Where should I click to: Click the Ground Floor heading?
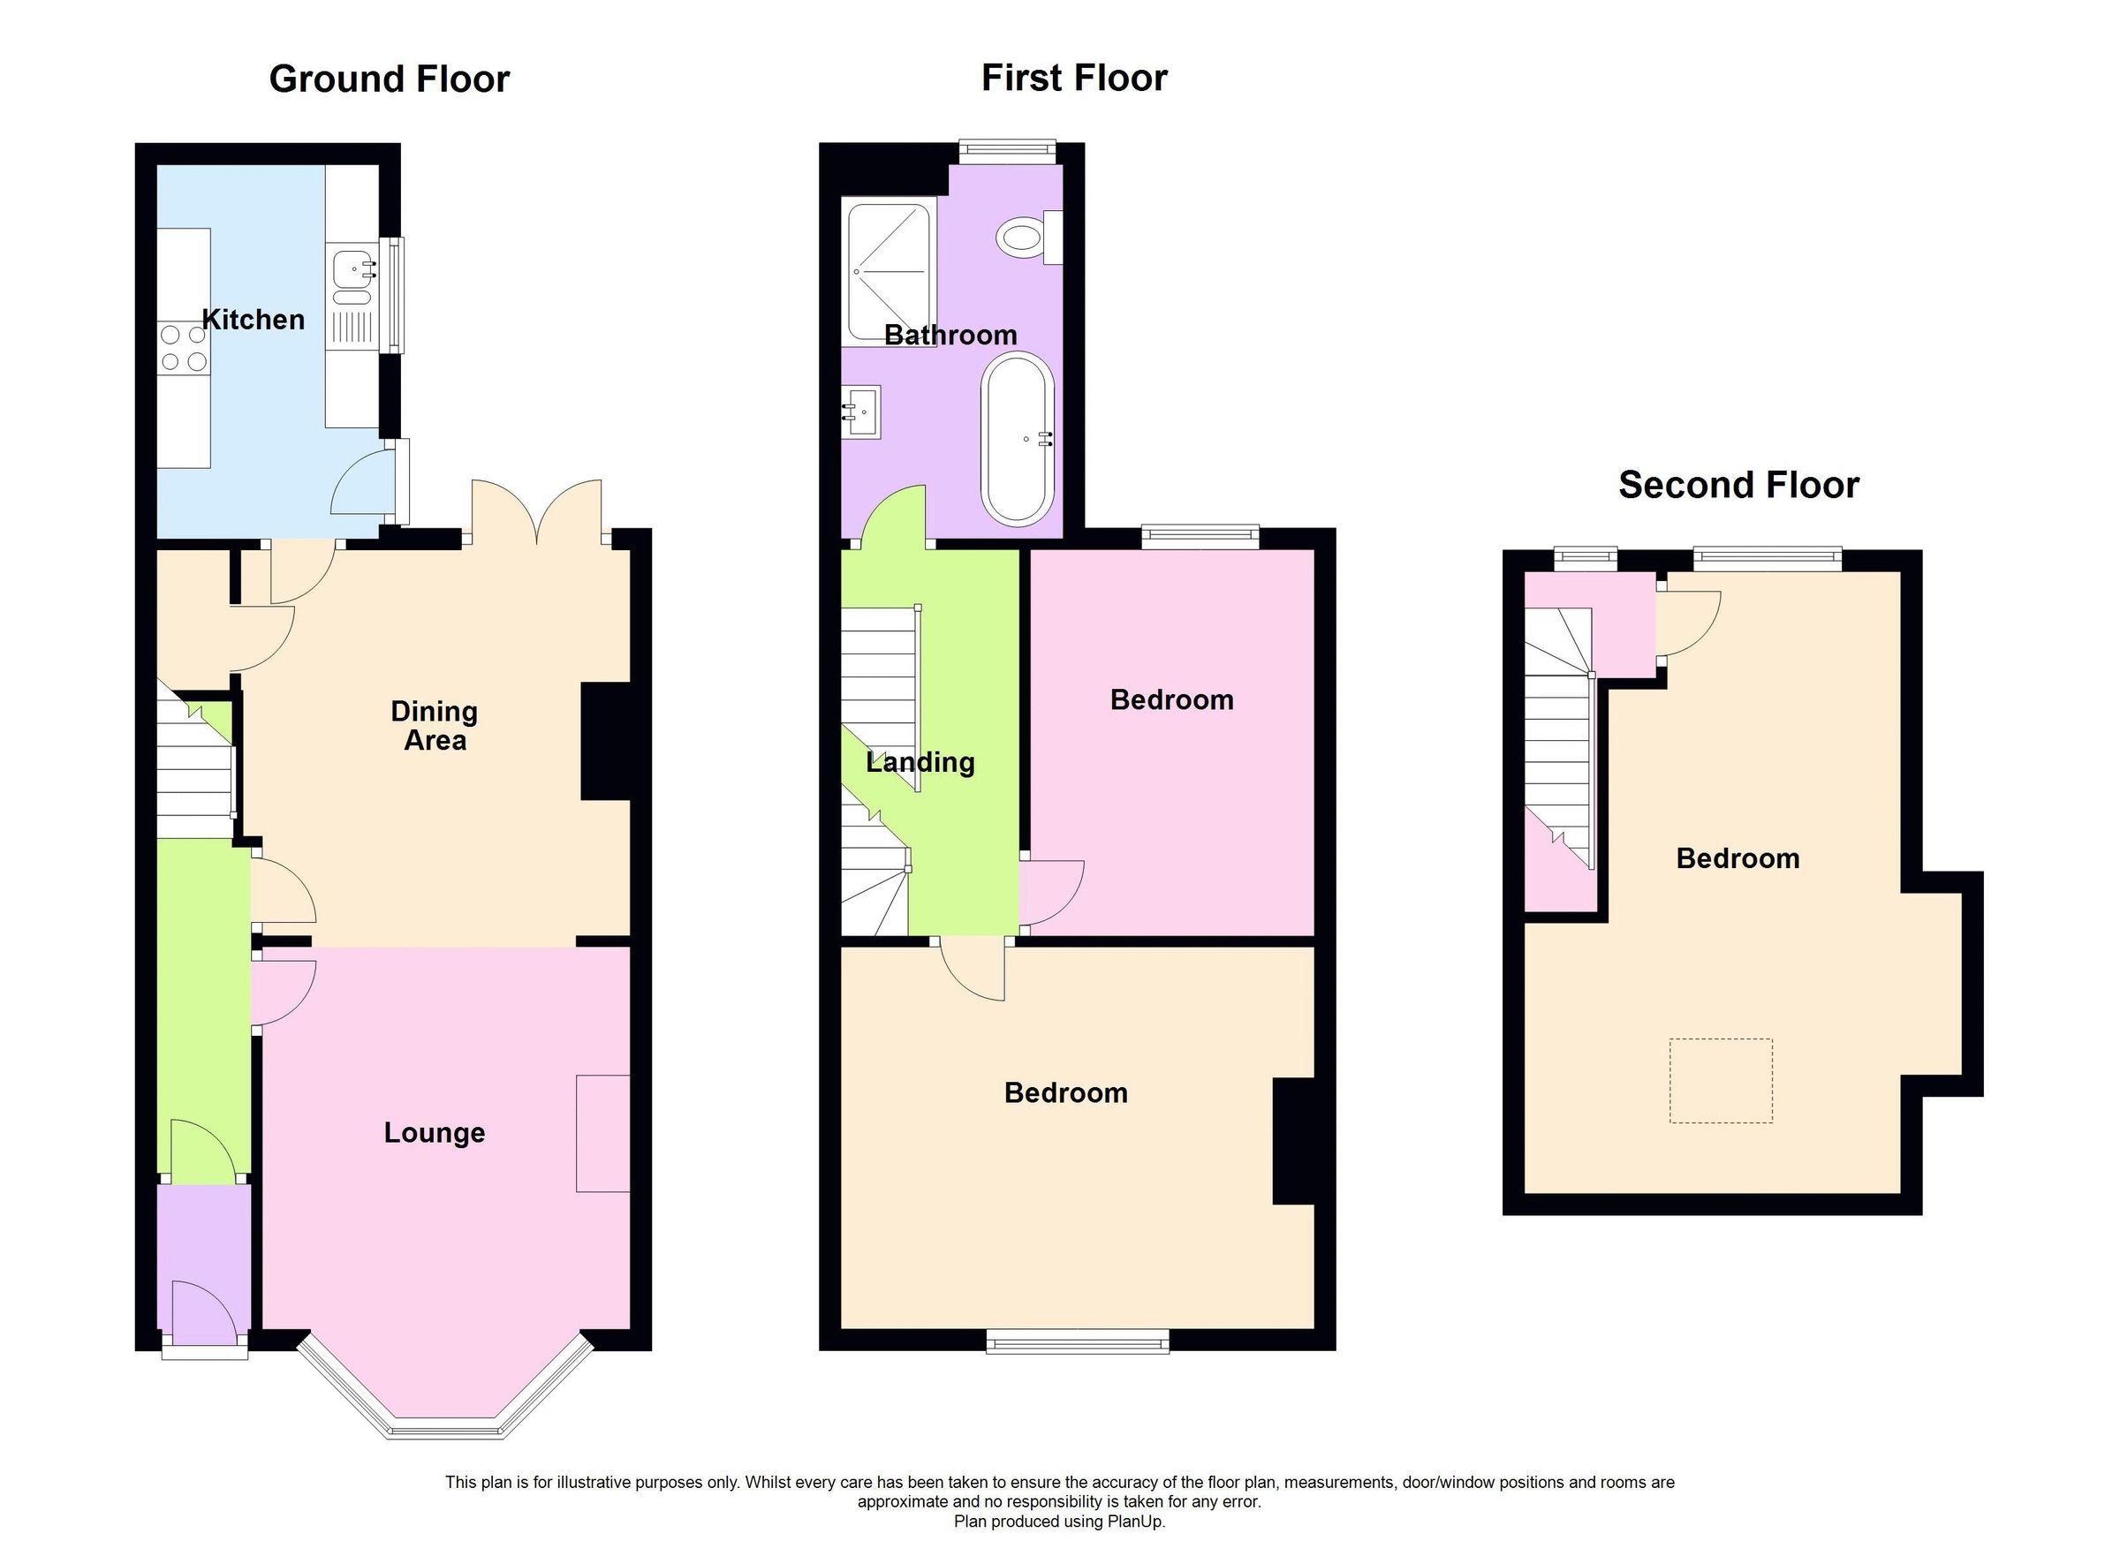point(389,79)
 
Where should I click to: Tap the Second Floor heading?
point(1738,485)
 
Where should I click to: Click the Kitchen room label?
point(254,320)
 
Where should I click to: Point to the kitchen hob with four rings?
point(182,347)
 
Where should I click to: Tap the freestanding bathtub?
point(1017,437)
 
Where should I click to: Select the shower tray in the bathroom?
point(888,271)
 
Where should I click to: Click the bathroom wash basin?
point(861,412)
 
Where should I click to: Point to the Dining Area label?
point(435,725)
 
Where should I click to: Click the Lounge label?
point(435,1133)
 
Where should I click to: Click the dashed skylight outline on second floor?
point(1721,1080)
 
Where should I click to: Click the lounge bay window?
point(446,1429)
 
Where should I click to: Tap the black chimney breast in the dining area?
point(606,741)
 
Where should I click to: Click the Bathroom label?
point(950,335)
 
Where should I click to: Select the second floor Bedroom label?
point(1737,857)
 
